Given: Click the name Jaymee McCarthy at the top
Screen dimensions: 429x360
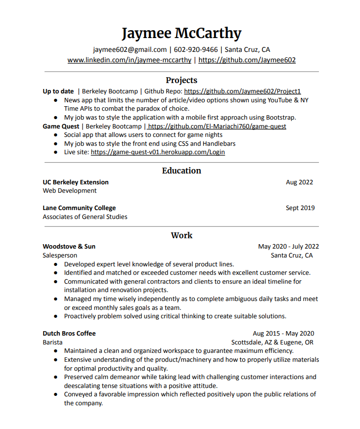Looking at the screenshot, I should pyautogui.click(x=181, y=33).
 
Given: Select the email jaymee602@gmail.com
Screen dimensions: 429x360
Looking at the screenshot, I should pyautogui.click(x=130, y=49).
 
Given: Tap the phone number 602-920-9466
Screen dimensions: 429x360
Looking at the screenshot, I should pyautogui.click(x=195, y=49).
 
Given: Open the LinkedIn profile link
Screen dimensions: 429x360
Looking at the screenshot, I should pyautogui.click(x=130, y=60).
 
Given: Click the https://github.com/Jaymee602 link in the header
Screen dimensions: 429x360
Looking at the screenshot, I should pyautogui.click(x=247, y=60).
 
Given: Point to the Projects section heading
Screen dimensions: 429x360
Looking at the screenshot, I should pyautogui.click(x=181, y=80).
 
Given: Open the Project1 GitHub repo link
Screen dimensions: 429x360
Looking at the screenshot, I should pyautogui.click(x=242, y=91).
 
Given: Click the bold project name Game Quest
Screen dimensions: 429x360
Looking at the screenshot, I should pyautogui.click(x=60, y=126).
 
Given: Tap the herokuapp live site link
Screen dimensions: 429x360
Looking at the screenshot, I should pyautogui.click(x=158, y=152).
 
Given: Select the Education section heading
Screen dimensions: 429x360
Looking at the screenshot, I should pyautogui.click(x=181, y=171).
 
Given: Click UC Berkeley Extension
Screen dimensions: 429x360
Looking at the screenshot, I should pyautogui.click(x=76, y=182).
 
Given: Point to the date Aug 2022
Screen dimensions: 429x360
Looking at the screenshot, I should pyautogui.click(x=299, y=182).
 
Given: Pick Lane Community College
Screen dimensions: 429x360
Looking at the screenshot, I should pyautogui.click(x=79, y=208).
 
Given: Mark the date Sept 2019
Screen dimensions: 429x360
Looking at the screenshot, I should pyautogui.click(x=300, y=208).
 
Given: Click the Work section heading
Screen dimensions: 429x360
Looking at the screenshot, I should pyautogui.click(x=181, y=235).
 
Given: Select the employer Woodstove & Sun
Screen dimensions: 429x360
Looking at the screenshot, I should pyautogui.click(x=69, y=246).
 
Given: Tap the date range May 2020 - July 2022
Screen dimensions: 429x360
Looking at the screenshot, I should pyautogui.click(x=288, y=246).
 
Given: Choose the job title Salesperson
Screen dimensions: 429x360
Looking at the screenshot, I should pyautogui.click(x=60, y=255).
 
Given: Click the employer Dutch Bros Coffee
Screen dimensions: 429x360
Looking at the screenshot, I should pyautogui.click(x=69, y=333).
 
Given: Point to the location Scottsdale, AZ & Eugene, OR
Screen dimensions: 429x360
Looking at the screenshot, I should pyautogui.click(x=272, y=342).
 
